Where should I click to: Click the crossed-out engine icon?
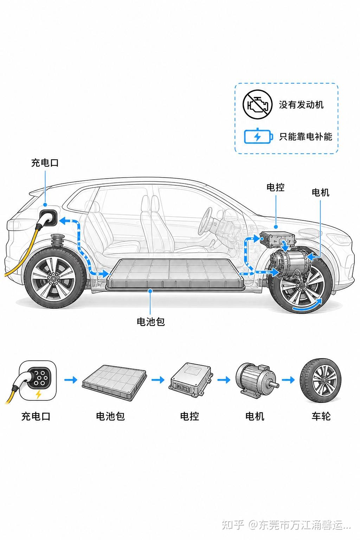coord(257,104)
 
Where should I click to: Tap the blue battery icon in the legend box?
coord(258,136)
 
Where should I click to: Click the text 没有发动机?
coord(301,105)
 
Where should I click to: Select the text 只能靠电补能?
coord(306,137)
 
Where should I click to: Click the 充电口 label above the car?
coord(45,163)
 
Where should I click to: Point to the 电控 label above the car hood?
coord(275,187)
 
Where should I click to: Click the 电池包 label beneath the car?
coord(151,322)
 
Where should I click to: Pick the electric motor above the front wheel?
coord(289,263)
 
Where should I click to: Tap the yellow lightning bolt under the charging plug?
coord(38,394)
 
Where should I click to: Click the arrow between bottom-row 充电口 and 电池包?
coord(71,380)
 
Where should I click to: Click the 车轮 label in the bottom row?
coord(321,416)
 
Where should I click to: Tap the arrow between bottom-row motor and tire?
coord(288,380)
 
